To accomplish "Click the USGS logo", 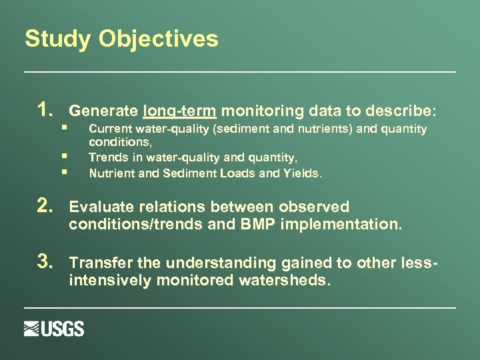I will coord(54,329).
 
